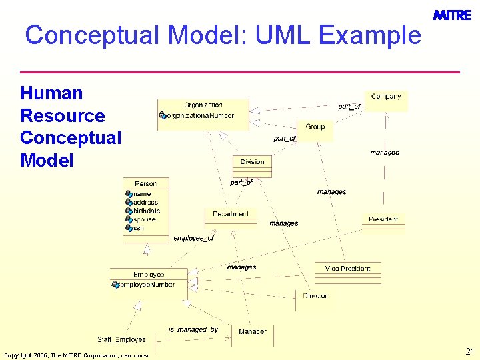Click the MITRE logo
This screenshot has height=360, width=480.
pyautogui.click(x=452, y=15)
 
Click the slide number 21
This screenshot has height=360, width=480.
pyautogui.click(x=469, y=351)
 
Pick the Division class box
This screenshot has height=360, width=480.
pyautogui.click(x=252, y=162)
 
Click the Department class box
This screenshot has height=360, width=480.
pyautogui.click(x=231, y=215)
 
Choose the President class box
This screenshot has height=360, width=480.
pyautogui.click(x=383, y=219)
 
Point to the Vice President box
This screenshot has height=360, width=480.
pyautogui.click(x=347, y=269)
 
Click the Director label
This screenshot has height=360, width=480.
pyautogui.click(x=315, y=295)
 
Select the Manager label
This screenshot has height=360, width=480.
pyautogui.click(x=253, y=331)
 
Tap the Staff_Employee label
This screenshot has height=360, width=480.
pyautogui.click(x=121, y=340)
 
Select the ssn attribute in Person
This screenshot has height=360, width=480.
pyautogui.click(x=137, y=228)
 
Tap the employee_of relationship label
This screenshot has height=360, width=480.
pyautogui.click(x=193, y=238)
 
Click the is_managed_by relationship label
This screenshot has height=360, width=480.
pyautogui.click(x=193, y=329)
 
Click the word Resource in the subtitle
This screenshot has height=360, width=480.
pyautogui.click(x=63, y=115)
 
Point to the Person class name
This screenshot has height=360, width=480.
pyautogui.click(x=145, y=183)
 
